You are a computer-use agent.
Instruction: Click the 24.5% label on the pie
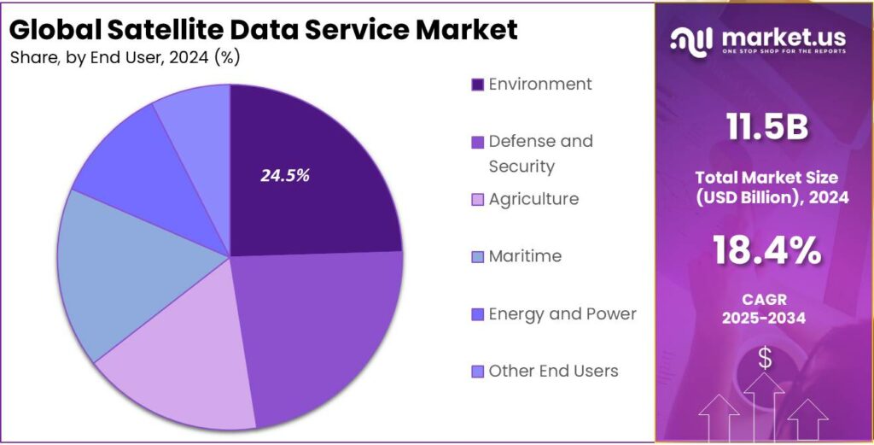(x=285, y=176)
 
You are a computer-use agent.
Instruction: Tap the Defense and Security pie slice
(x=324, y=333)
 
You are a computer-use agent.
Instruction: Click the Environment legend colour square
(x=478, y=85)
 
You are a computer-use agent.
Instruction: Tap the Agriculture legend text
(x=533, y=199)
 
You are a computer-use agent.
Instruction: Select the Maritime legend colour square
(x=478, y=257)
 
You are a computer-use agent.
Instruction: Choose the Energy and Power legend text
(x=562, y=313)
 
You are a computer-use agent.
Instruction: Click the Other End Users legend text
(x=553, y=371)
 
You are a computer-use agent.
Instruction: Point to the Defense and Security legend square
(x=478, y=142)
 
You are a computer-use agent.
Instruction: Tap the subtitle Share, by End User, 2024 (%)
(x=125, y=58)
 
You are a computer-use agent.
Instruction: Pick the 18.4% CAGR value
(x=766, y=251)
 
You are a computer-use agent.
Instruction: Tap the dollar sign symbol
(x=765, y=359)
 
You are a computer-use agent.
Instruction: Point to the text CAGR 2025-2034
(x=766, y=308)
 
